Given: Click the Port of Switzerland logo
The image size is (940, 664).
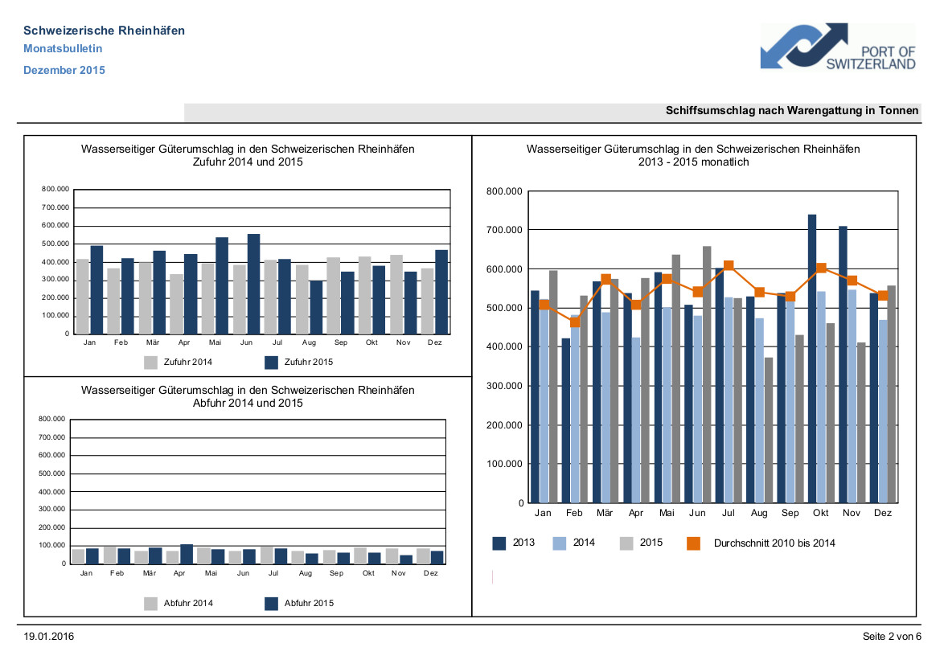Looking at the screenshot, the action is [838, 47].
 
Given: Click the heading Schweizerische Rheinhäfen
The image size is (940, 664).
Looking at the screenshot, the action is [105, 31].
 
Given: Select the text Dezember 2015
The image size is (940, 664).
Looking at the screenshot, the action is [64, 70].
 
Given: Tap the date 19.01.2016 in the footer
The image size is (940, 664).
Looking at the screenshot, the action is [49, 637].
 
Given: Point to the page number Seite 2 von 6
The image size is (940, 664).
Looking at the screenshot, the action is [892, 637].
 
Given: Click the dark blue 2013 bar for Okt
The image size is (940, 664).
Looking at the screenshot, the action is [811, 359].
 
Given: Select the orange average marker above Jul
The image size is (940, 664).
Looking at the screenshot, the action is [729, 265].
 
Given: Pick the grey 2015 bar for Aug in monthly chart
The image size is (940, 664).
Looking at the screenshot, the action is [769, 430].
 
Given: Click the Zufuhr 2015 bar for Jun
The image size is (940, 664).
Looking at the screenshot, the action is [253, 284].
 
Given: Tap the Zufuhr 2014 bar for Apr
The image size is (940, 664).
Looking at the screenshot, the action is [176, 305].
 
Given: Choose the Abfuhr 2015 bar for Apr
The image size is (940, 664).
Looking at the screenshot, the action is [187, 555].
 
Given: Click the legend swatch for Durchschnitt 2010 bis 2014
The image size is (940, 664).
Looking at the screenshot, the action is [694, 543].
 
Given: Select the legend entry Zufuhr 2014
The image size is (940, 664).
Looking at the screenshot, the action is [178, 362].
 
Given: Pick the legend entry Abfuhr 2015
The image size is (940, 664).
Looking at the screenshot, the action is [299, 604].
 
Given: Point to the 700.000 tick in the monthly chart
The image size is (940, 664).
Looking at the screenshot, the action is [504, 230].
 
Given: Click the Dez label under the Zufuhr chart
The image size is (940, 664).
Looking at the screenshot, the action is [435, 342].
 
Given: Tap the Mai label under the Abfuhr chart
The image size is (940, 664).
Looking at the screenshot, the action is [211, 573].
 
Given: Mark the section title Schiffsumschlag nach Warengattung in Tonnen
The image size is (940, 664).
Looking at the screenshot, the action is [792, 110].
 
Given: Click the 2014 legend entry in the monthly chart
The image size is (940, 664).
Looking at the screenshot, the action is [573, 543].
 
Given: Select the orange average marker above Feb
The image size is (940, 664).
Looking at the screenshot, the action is [575, 322].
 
